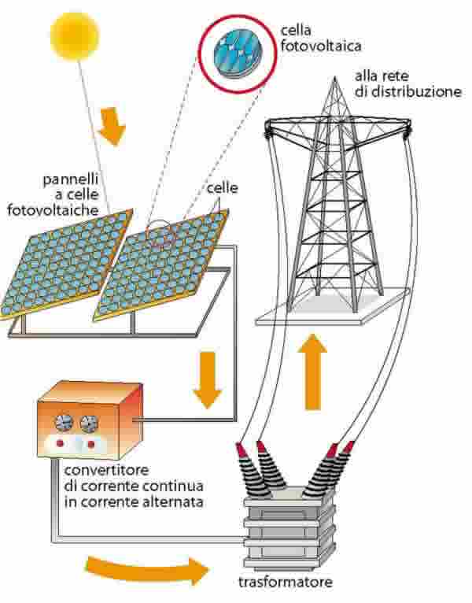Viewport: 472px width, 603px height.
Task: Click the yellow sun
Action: pos(75,35)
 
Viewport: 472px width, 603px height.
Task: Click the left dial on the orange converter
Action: pos(61,425)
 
